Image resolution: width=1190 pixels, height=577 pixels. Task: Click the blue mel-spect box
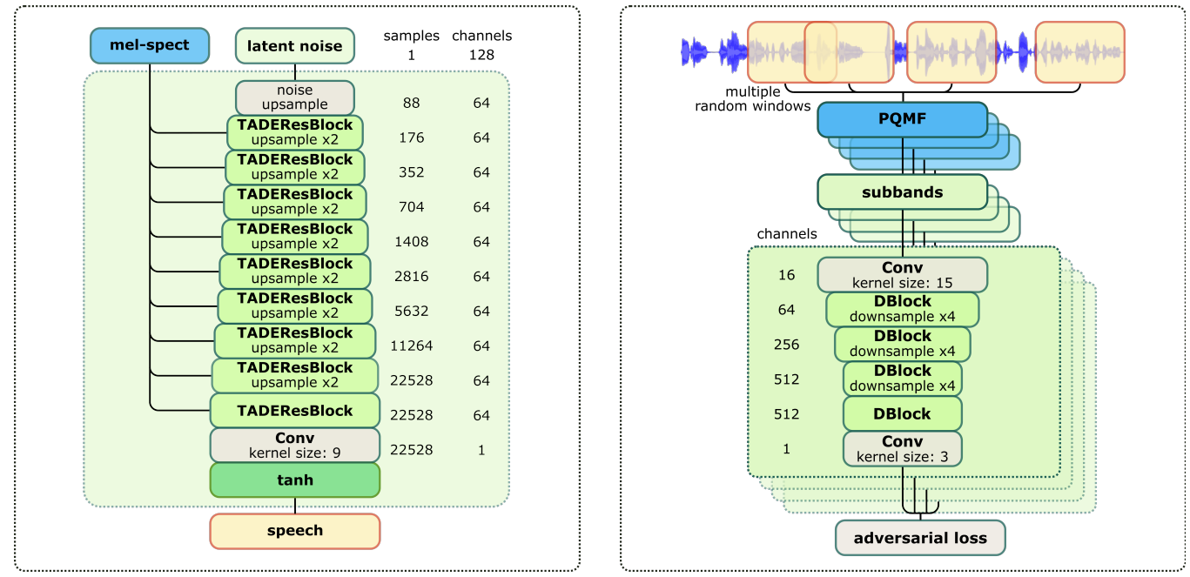150,45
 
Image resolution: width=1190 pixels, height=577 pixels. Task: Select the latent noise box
295,46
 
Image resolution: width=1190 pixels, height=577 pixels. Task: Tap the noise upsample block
295,97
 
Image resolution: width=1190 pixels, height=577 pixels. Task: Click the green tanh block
295,480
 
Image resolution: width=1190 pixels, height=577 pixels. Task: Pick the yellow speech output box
295,531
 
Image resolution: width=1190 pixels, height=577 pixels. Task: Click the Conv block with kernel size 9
295,445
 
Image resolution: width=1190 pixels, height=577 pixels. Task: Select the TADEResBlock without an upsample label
295,411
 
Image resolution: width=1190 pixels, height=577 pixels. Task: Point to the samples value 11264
412,346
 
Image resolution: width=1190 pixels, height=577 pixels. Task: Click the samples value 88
412,103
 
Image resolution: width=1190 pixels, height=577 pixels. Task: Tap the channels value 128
481,54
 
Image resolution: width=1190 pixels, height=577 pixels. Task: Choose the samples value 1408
412,241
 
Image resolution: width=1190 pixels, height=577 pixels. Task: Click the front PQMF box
902,120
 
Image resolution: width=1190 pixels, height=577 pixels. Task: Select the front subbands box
902,192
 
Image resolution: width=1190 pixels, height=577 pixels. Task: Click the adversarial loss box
920,538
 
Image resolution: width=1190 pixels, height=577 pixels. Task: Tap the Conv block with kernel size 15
902,274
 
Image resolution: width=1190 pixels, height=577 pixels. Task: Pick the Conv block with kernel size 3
902,448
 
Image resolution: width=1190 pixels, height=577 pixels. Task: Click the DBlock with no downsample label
902,414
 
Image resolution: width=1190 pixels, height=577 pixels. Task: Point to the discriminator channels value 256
786,344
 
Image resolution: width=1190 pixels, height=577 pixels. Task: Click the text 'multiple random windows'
752,99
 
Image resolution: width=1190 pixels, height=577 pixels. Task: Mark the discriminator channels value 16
786,275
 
